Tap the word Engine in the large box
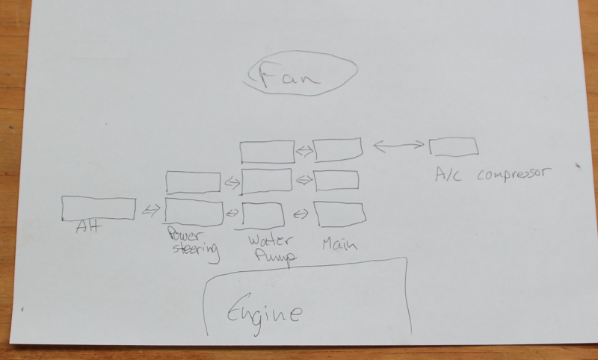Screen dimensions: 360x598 [264, 312]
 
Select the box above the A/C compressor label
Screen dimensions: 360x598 [454, 146]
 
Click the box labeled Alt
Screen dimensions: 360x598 [98, 208]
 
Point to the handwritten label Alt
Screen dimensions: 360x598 [89, 229]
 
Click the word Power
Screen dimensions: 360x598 [184, 234]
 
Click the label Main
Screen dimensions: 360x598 [340, 243]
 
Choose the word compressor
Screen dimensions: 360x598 [513, 175]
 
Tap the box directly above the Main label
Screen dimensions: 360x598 [341, 214]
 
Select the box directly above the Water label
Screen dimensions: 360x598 [264, 214]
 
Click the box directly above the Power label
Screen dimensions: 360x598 [194, 212]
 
